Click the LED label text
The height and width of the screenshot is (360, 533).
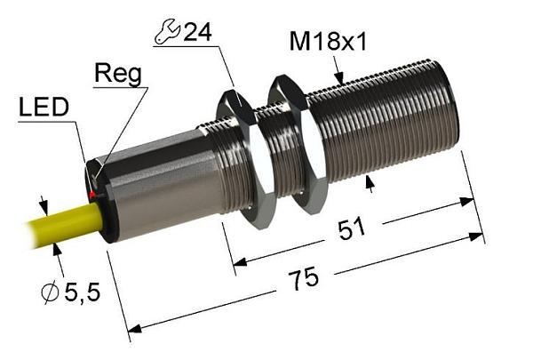click(44, 108)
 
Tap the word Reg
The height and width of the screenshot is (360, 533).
click(118, 75)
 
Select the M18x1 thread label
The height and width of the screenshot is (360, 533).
click(329, 42)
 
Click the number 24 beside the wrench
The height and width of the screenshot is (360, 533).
click(198, 32)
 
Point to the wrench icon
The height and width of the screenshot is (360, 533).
click(167, 32)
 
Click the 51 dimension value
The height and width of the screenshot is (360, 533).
click(352, 228)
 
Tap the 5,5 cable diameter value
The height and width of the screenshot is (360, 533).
click(83, 292)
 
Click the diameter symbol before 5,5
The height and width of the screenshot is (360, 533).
click(50, 292)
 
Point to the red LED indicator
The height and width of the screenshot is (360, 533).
click(91, 195)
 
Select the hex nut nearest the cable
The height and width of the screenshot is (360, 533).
click(247, 159)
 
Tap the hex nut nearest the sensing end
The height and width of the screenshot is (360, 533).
click(298, 145)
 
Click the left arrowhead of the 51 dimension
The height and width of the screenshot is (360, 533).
click(240, 261)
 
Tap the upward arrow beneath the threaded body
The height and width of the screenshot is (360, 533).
click(370, 184)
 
